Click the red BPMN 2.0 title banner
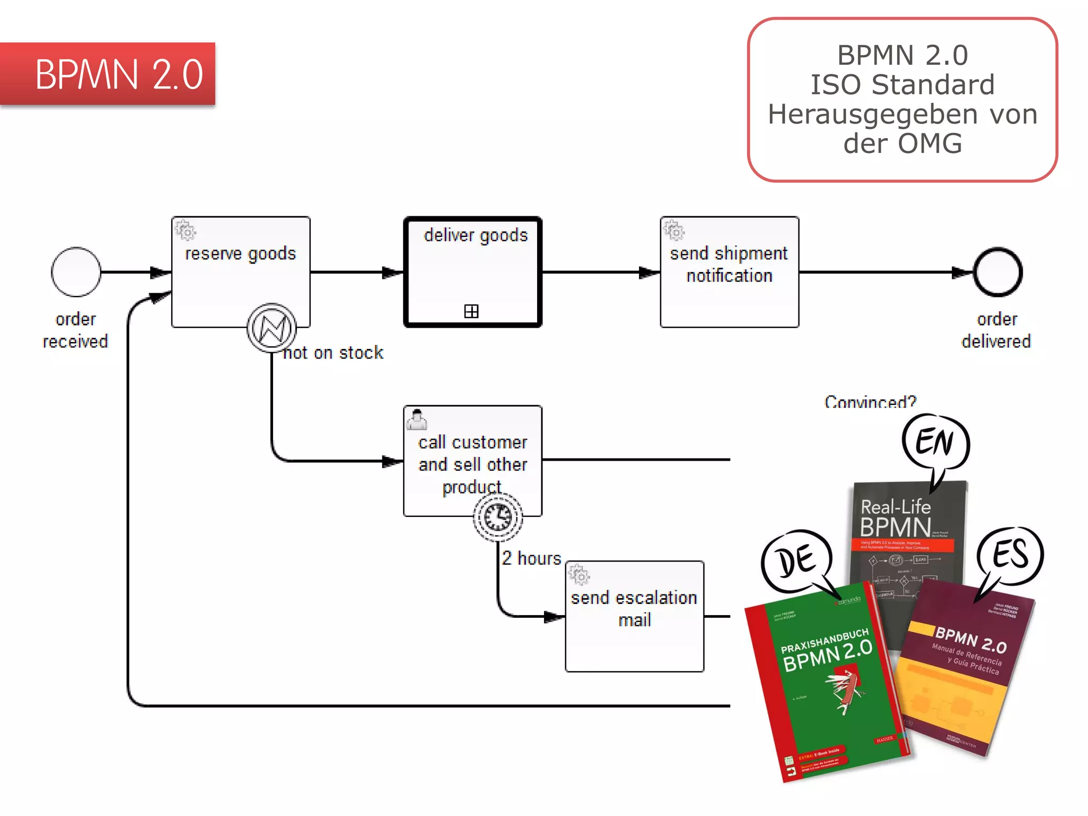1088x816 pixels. (108, 74)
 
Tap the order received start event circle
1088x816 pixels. (76, 272)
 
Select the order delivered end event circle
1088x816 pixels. (998, 272)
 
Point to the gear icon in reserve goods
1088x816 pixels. (186, 231)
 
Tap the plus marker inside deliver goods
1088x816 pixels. (471, 311)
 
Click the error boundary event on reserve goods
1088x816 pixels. (271, 327)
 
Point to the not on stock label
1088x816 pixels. (334, 353)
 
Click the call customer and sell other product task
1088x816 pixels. (472, 457)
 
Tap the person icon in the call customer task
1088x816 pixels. (417, 419)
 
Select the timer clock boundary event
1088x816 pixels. (498, 516)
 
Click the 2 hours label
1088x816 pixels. (531, 558)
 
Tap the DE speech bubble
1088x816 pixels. (796, 561)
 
